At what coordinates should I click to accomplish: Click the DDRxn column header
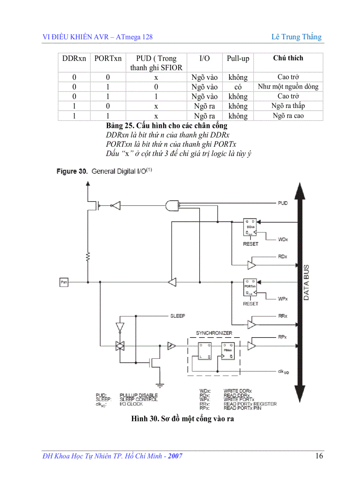pos(74,59)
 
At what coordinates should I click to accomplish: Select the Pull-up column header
pos(238,59)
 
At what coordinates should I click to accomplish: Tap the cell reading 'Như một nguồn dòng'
pos(288,87)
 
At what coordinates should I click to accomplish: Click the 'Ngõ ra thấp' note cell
pos(288,106)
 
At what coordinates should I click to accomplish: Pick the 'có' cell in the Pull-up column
pos(238,87)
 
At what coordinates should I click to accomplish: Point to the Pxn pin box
pos(64,282)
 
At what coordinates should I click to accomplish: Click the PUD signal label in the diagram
pos(283,203)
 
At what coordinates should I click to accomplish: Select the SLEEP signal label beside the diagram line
pos(177,316)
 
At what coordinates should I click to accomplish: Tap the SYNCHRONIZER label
pos(214,333)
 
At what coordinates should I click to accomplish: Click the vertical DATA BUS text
pos(306,282)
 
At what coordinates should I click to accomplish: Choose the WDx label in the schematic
pos(283,239)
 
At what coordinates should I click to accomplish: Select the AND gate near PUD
pos(172,205)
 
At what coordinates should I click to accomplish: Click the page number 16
pos(319,456)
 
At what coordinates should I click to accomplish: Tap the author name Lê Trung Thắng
pos(296,37)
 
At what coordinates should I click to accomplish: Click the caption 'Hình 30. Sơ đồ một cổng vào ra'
pos(182,419)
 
